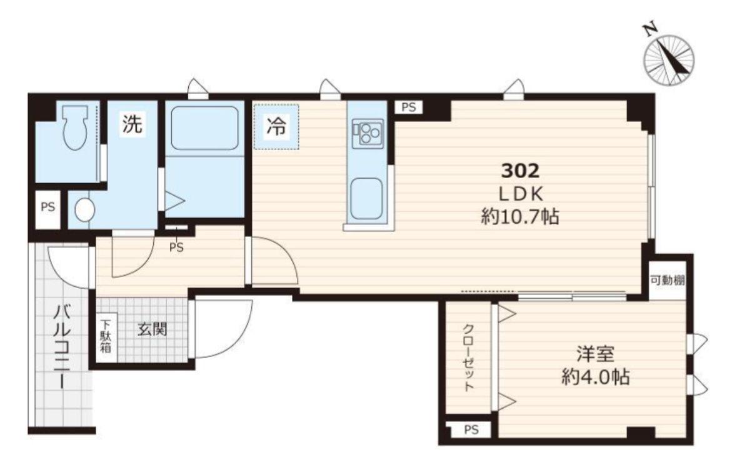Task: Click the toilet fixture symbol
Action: (x=75, y=126)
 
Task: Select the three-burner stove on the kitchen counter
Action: (x=368, y=134)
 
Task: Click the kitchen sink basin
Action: (x=366, y=198)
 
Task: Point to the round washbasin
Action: (x=84, y=209)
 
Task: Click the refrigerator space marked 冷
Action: (x=276, y=127)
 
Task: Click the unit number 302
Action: (x=520, y=170)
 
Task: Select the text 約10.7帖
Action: (x=520, y=217)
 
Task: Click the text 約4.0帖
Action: (x=596, y=377)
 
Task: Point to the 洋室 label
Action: (x=596, y=354)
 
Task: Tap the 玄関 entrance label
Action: (x=153, y=329)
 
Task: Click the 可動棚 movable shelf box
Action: (x=668, y=280)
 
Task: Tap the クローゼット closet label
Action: (x=468, y=358)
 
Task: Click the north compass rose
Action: (x=668, y=60)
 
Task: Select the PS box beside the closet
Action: (x=471, y=429)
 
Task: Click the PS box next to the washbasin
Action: (x=48, y=208)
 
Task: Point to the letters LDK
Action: (x=520, y=194)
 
